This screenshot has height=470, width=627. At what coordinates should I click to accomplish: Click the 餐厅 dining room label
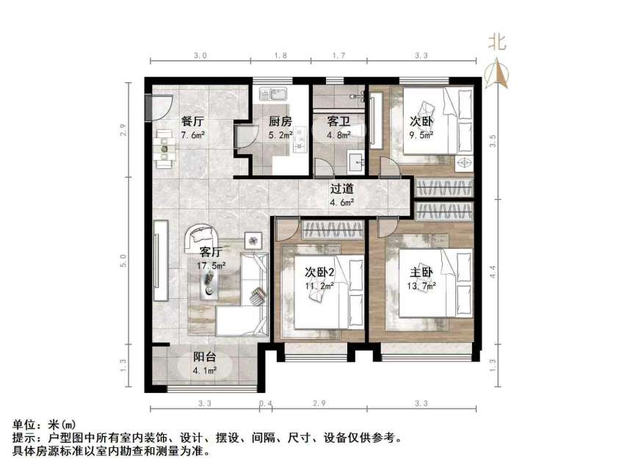pyautogui.click(x=193, y=122)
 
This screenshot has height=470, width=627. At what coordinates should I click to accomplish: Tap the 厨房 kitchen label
pyautogui.click(x=280, y=122)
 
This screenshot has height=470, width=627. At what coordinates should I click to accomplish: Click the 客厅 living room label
pyautogui.click(x=211, y=254)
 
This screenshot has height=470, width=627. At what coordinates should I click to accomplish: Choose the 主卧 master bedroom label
pyautogui.click(x=422, y=273)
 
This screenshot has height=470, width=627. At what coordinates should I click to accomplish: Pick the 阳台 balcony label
pyautogui.click(x=205, y=358)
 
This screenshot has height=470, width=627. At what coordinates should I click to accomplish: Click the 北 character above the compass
pyautogui.click(x=498, y=43)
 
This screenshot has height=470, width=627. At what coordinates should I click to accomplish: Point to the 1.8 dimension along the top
pyautogui.click(x=280, y=55)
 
